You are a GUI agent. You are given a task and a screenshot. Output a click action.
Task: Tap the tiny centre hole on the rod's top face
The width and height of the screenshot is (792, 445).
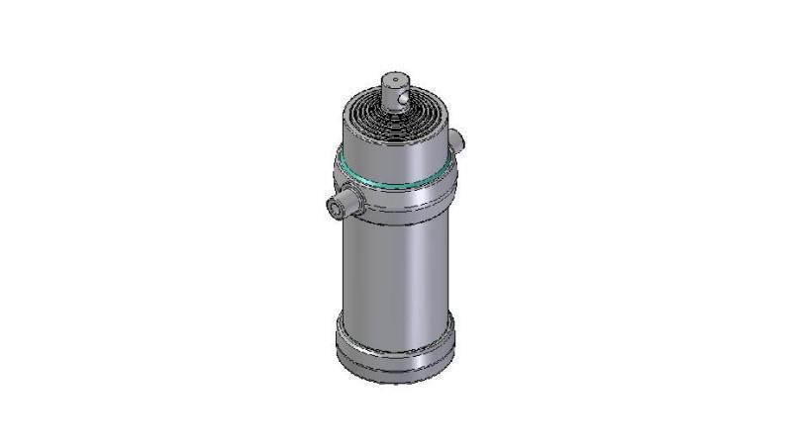coord(395,75)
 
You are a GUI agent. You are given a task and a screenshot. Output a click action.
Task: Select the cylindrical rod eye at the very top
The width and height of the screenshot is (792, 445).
coord(396,89)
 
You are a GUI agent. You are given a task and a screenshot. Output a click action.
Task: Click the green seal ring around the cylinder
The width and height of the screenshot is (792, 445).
coord(396,178)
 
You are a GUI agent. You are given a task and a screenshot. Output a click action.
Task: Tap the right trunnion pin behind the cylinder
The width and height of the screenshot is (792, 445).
coord(456,137)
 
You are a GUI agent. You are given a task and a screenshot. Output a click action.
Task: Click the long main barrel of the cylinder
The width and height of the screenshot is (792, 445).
coord(396,267)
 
